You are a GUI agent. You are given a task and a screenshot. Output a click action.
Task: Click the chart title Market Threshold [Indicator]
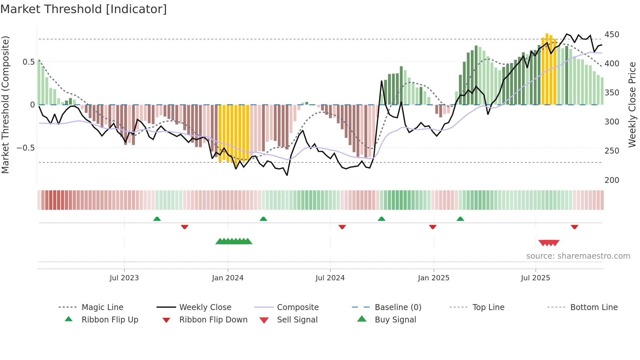84,9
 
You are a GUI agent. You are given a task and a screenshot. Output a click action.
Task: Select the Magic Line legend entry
102,307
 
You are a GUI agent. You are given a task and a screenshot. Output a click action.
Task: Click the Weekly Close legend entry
205,307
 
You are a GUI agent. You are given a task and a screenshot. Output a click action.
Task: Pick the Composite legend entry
297,307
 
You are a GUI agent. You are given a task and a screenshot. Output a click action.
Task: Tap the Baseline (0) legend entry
398,307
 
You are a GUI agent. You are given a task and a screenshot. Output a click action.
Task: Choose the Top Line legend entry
488,307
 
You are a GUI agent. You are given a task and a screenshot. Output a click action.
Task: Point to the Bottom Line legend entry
594,307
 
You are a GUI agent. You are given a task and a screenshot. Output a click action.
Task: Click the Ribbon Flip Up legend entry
110,320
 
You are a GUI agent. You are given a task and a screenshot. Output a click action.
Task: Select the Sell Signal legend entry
297,320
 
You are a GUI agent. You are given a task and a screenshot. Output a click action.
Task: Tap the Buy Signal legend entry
395,320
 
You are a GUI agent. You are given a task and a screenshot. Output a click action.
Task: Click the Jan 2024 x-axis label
228,278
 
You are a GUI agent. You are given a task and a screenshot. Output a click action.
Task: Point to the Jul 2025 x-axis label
535,278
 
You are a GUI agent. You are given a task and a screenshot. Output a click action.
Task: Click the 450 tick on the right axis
612,35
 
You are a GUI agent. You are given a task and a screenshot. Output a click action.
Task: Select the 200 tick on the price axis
612,180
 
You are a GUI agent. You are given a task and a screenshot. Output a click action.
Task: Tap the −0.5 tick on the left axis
25,148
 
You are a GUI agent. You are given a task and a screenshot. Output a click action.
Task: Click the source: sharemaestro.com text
578,256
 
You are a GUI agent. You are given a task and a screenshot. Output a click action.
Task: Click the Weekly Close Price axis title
632,105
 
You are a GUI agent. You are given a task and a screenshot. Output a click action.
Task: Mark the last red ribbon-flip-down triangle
574,227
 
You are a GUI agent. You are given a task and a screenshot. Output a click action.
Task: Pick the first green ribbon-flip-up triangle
157,219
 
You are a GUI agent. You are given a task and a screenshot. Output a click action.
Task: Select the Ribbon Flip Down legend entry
213,320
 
